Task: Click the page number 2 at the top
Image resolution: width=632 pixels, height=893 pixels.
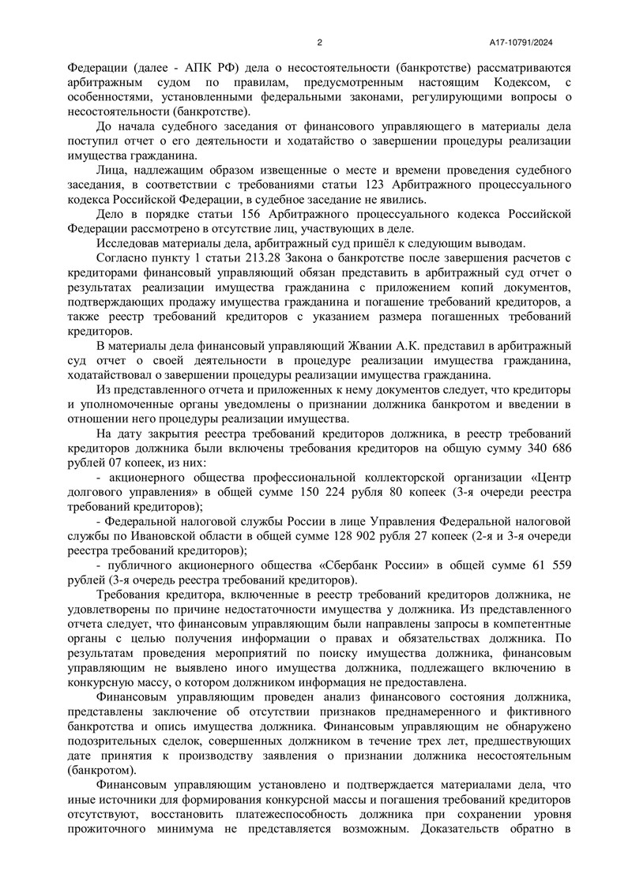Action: [x=319, y=43]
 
